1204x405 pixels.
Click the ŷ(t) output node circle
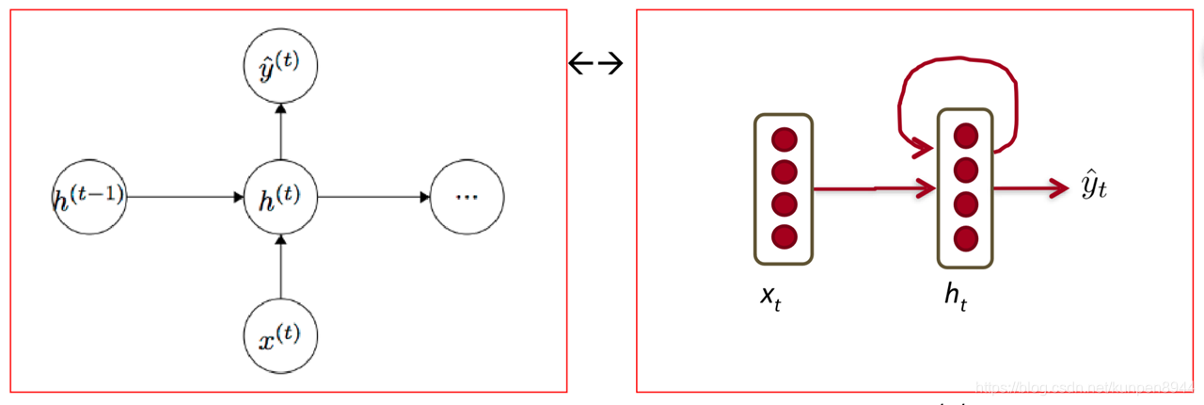pyautogui.click(x=280, y=67)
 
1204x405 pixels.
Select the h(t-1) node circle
pyautogui.click(x=89, y=197)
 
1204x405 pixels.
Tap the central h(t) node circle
pyautogui.click(x=280, y=197)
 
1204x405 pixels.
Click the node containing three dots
pyautogui.click(x=467, y=197)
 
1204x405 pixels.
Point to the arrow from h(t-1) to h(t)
pyautogui.click(x=184, y=197)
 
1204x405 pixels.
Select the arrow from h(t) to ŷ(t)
pyautogui.click(x=280, y=132)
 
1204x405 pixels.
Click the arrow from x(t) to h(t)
pyautogui.click(x=280, y=267)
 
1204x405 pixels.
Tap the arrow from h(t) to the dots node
pyautogui.click(x=374, y=197)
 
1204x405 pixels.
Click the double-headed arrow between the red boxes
pyautogui.click(x=596, y=63)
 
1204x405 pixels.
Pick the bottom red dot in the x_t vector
pyautogui.click(x=784, y=235)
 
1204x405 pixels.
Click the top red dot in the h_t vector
pyautogui.click(x=964, y=136)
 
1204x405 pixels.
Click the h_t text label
pyautogui.click(x=956, y=296)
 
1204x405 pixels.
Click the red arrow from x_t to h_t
pyautogui.click(x=875, y=189)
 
